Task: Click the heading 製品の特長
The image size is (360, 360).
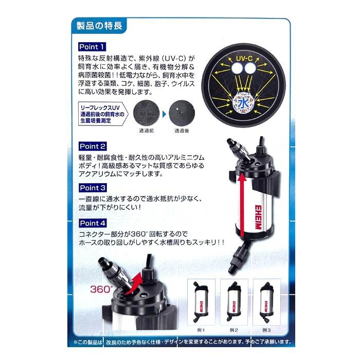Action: click(x=99, y=26)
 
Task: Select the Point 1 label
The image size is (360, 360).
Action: click(x=92, y=47)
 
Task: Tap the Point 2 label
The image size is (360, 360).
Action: click(x=93, y=146)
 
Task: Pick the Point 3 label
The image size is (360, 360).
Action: click(x=93, y=188)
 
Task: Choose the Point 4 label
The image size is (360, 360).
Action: click(x=93, y=223)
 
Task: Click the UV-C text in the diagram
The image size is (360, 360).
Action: click(x=244, y=58)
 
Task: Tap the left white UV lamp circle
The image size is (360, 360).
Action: click(x=237, y=68)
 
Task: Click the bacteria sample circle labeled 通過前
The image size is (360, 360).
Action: click(x=147, y=113)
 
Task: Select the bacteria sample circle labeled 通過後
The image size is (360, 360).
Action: click(x=182, y=113)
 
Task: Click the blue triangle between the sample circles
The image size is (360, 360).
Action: click(x=164, y=114)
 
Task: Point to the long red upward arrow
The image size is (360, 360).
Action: click(x=241, y=206)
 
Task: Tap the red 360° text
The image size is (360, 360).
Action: click(x=101, y=289)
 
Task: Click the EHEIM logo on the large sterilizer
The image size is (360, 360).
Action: click(x=258, y=217)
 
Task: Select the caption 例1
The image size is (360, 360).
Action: click(x=201, y=330)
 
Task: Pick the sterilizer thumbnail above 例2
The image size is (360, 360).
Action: click(x=233, y=301)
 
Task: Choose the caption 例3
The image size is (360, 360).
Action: click(x=266, y=330)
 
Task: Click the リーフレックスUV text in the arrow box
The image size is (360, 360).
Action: click(x=100, y=107)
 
